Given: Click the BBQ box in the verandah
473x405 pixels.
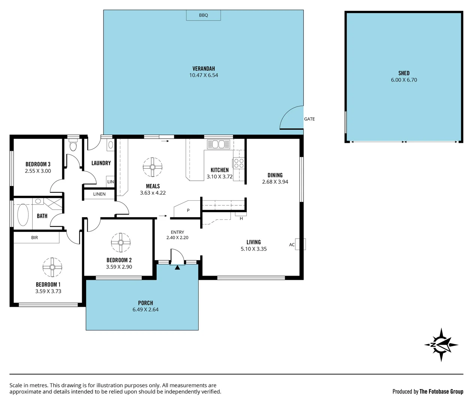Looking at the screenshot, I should coord(204,15).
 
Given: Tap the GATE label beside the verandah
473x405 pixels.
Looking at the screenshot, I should coord(309,119).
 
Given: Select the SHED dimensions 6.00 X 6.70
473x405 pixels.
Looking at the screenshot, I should coord(404,80).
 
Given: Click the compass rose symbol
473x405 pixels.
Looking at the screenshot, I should coord(441,345).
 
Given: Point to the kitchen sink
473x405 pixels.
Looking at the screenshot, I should coord(219,144).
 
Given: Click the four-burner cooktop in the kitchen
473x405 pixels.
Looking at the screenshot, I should coord(239,163).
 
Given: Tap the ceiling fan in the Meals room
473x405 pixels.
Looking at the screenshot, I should coord(153,167).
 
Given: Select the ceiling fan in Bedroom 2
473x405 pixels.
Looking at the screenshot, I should coord(121,242).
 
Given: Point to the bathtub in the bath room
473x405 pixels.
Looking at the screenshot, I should coord(23,214).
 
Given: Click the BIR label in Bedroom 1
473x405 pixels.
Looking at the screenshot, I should coord(34,237).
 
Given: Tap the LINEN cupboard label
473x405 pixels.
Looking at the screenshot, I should coord(99,194).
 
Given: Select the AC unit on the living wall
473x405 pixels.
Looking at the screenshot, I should coord(301,244).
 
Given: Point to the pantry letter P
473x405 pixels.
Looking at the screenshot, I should coord(188,210).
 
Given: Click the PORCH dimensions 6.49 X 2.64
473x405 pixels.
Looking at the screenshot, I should coord(145,310).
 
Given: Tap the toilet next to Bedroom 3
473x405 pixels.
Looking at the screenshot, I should coord(73,145).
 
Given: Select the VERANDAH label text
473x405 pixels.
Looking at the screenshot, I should coord(204,69).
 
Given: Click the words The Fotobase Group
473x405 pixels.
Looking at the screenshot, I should coord(441,391).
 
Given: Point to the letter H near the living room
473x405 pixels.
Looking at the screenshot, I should coord(241,218).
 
